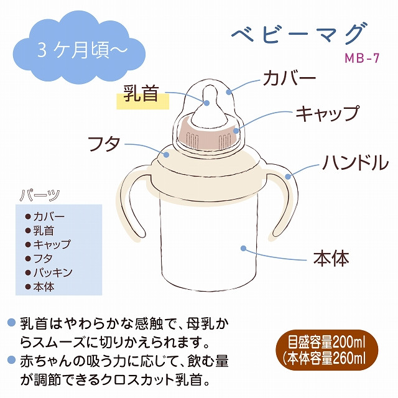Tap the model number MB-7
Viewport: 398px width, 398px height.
(362, 58)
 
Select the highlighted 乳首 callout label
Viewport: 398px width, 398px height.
(142, 94)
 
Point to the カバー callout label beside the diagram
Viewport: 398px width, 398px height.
(289, 78)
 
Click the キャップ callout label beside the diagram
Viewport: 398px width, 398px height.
(328, 114)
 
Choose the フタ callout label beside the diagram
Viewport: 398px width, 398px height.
(104, 144)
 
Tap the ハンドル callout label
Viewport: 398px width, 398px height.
(356, 162)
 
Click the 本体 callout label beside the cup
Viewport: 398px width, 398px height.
(331, 259)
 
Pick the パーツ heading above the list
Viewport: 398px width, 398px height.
(40, 196)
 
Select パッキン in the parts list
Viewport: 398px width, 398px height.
(53, 272)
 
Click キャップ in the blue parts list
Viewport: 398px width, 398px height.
(52, 244)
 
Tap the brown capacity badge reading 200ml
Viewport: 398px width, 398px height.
(327, 349)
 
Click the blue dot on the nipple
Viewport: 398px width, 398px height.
(206, 103)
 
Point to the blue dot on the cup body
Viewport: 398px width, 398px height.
(244, 248)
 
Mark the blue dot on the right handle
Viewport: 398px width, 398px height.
(288, 176)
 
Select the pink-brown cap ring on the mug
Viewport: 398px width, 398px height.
(208, 137)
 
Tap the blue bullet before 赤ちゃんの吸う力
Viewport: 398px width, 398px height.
(11, 360)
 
